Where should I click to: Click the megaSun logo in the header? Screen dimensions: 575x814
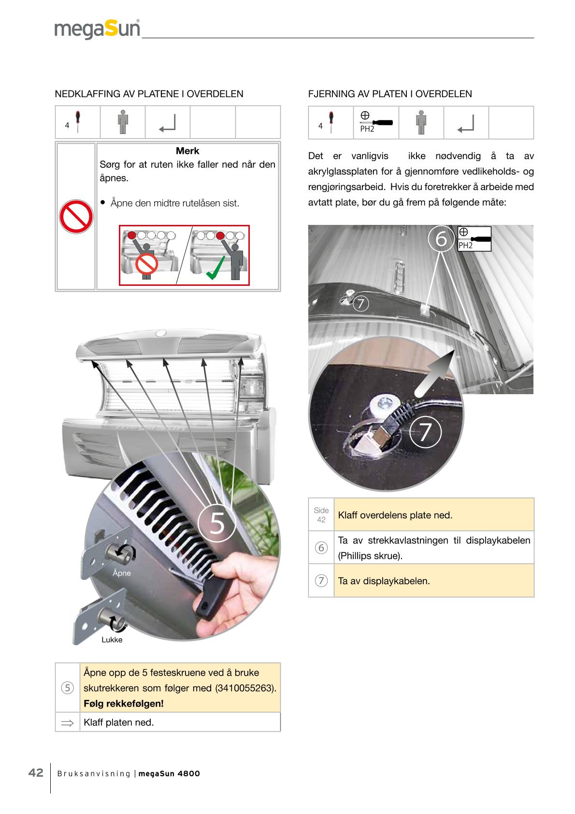pyautogui.click(x=97, y=29)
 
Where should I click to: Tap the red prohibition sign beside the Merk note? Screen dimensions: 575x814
pyautogui.click(x=76, y=217)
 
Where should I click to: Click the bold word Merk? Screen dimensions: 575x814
pyautogui.click(x=187, y=151)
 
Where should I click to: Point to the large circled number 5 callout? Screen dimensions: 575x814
pyautogui.click(x=217, y=522)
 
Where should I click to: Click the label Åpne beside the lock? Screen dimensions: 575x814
pyautogui.click(x=122, y=573)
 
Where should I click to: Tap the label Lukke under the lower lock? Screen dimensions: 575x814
pyautogui.click(x=112, y=639)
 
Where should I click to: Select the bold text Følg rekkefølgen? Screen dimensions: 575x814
pyautogui.click(x=123, y=704)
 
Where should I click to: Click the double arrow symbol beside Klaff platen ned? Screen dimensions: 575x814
pyautogui.click(x=67, y=723)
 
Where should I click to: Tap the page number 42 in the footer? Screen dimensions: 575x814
pyautogui.click(x=36, y=772)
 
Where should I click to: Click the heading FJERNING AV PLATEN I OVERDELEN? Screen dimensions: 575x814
pyautogui.click(x=390, y=94)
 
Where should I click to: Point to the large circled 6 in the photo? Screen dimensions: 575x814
pyautogui.click(x=441, y=239)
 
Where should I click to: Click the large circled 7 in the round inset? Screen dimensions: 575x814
pyautogui.click(x=425, y=432)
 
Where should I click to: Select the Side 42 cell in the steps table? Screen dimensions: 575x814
pyautogui.click(x=321, y=515)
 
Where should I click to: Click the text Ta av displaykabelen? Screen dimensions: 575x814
pyautogui.click(x=384, y=581)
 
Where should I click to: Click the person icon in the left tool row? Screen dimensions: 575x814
pyautogui.click(x=123, y=122)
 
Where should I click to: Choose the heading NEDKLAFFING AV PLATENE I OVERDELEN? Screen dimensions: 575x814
pyautogui.click(x=149, y=94)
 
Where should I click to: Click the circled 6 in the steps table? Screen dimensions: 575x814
pyautogui.click(x=321, y=548)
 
